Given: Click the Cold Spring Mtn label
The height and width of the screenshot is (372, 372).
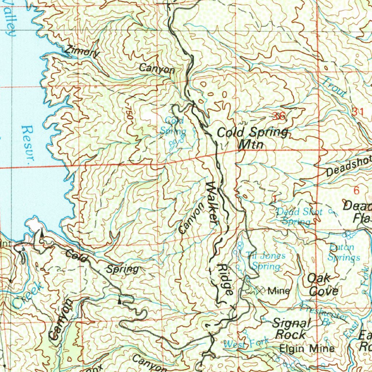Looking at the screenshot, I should point(252,138).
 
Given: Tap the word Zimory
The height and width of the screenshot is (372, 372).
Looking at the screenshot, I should point(82,52).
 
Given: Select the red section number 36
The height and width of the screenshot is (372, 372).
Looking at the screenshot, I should point(280,116).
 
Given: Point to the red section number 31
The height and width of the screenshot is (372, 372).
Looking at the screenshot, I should point(357,112).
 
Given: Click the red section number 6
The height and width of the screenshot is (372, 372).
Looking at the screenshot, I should point(356,190).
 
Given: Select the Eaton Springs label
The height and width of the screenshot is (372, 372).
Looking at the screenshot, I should point(343,252).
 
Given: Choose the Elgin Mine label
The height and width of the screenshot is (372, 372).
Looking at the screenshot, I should point(307,349).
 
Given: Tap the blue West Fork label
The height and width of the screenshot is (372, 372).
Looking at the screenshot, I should point(246,343).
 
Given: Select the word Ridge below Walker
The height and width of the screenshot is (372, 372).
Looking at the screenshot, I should point(225,279).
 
